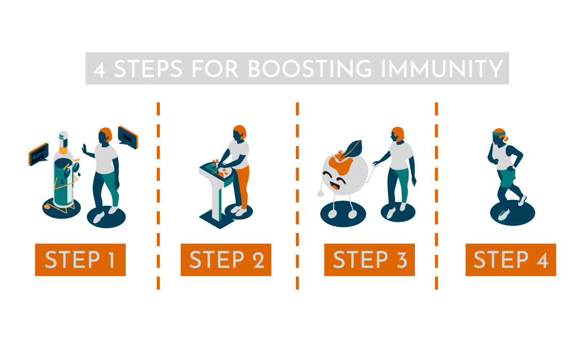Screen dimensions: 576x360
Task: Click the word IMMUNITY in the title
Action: click(442, 69)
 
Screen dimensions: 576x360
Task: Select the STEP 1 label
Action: click(81, 260)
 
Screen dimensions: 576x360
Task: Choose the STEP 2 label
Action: click(226, 260)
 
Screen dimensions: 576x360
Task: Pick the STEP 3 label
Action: click(370, 260)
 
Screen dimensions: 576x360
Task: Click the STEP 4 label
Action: click(510, 260)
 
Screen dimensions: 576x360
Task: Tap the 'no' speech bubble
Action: click(127, 137)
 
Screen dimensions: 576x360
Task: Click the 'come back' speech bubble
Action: click(38, 154)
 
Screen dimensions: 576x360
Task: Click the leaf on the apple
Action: click(351, 149)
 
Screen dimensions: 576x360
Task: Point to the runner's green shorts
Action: click(507, 178)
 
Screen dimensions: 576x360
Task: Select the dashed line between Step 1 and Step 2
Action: click(158, 196)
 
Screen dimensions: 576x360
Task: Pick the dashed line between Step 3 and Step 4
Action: click(436, 196)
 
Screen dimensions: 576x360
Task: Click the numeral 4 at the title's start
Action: click(100, 69)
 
